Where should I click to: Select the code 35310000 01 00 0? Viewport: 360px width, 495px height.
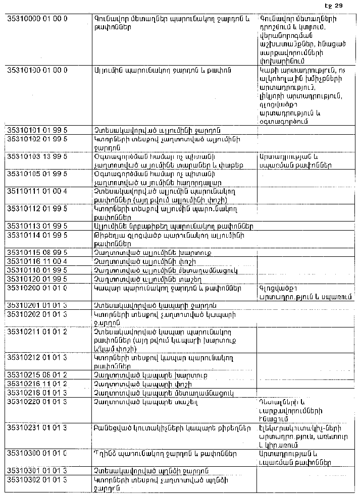click(37, 19)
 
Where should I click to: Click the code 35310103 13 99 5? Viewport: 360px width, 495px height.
click(37, 157)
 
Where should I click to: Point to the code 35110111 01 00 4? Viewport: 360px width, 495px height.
click(37, 191)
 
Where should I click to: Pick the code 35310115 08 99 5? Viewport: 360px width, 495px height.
click(37, 252)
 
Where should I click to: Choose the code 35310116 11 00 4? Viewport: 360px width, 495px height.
click(37, 261)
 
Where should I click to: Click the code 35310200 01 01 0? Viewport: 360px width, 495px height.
click(37, 288)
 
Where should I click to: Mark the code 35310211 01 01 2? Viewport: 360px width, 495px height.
click(37, 332)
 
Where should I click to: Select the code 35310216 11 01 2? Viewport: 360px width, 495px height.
click(37, 384)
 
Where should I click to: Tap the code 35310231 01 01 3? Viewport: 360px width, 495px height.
click(37, 428)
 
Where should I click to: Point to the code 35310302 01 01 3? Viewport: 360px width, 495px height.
click(37, 479)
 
